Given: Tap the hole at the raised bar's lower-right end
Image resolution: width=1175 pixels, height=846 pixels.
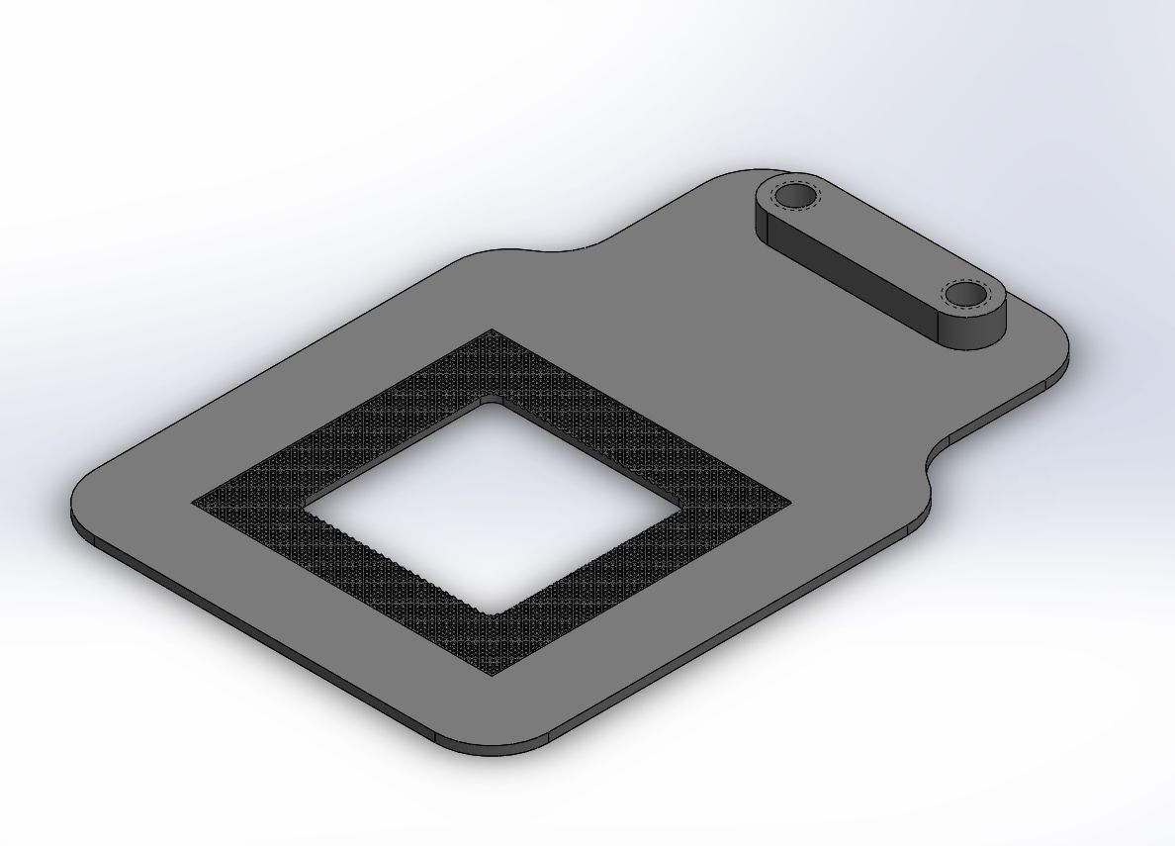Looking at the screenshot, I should pyautogui.click(x=963, y=294).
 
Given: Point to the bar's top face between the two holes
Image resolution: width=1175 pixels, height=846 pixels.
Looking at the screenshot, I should pyautogui.click(x=879, y=245).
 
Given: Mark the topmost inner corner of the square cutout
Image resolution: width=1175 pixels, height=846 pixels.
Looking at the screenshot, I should pyautogui.click(x=487, y=399).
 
